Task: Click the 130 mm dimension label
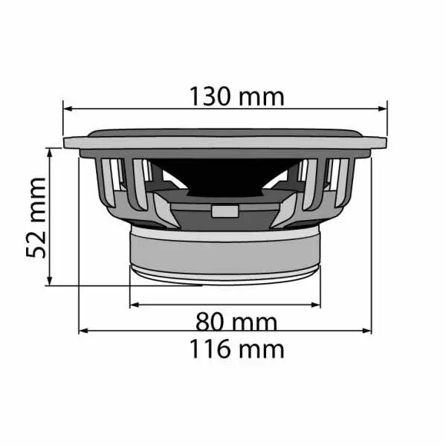click(236, 97)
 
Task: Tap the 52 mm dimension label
click(36, 218)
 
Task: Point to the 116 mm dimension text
click(236, 349)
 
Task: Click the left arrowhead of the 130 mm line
click(68, 109)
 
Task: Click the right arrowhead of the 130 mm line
click(383, 109)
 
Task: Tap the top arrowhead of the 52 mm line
click(50, 152)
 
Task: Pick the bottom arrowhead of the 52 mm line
click(50, 281)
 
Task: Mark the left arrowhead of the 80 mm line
click(135, 305)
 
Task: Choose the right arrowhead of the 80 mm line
click(316, 305)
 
